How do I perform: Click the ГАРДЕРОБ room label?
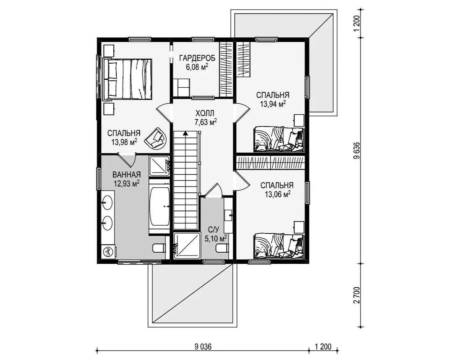[x=197, y=58]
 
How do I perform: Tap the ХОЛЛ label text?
[x=205, y=113]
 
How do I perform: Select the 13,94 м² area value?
[x=273, y=104]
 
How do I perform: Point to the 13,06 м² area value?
[x=278, y=194]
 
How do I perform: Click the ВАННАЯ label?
[x=127, y=174]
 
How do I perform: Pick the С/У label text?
[x=213, y=230]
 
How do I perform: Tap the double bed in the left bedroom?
[x=127, y=79]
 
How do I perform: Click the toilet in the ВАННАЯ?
[x=159, y=248]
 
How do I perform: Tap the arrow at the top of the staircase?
[x=185, y=134]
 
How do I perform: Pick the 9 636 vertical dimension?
[x=357, y=151]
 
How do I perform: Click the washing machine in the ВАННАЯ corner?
[x=108, y=252]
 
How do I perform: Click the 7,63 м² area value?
[x=205, y=122]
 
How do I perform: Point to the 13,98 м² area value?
[x=124, y=142]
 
